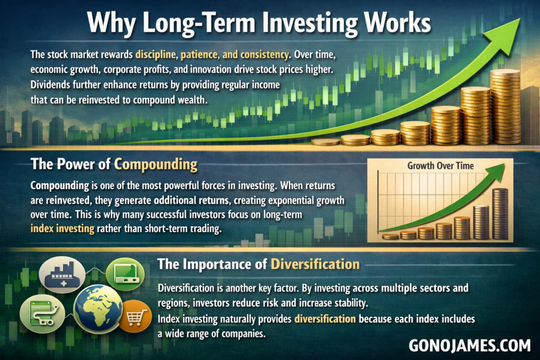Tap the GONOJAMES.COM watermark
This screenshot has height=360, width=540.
(x=470, y=346)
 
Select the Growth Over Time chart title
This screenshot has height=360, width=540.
(x=440, y=166)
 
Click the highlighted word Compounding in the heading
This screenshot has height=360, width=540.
(x=156, y=164)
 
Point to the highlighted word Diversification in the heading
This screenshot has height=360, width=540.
(x=315, y=264)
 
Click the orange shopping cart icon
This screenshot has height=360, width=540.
(x=135, y=316)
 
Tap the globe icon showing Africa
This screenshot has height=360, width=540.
(x=98, y=307)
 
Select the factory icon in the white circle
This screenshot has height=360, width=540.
(x=62, y=274)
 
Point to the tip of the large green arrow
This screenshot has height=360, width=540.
(x=519, y=18)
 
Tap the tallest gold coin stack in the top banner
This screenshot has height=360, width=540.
(x=505, y=106)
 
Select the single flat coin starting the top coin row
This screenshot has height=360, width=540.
(x=325, y=141)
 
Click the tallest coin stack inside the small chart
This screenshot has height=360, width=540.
(x=500, y=213)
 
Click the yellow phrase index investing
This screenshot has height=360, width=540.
(x=62, y=229)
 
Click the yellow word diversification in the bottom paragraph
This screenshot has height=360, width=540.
(x=325, y=319)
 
